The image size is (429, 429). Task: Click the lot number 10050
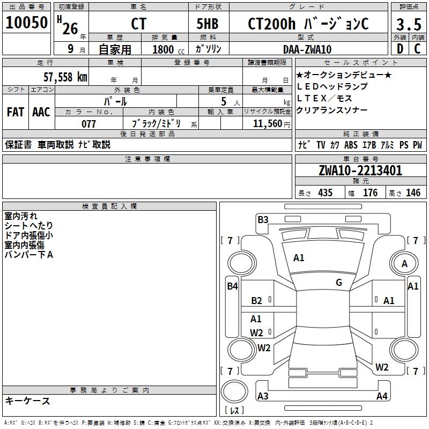[27, 23]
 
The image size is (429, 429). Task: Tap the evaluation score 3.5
[409, 25]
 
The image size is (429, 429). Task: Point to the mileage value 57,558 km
[65, 77]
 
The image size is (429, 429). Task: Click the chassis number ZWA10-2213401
[360, 171]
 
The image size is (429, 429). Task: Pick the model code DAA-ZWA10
[307, 49]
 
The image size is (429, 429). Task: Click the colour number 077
[88, 124]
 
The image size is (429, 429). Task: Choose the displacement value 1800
[163, 49]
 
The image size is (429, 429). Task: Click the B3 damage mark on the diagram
[263, 219]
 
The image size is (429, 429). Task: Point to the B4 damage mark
[232, 286]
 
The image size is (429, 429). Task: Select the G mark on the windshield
[339, 283]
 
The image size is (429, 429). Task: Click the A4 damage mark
[382, 396]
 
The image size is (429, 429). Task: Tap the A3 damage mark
[263, 396]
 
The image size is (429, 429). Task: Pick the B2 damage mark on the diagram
[256, 301]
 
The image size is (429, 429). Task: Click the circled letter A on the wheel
[404, 264]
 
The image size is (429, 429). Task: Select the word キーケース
[28, 401]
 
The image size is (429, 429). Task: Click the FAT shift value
[16, 112]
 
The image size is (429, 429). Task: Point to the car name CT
[138, 24]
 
